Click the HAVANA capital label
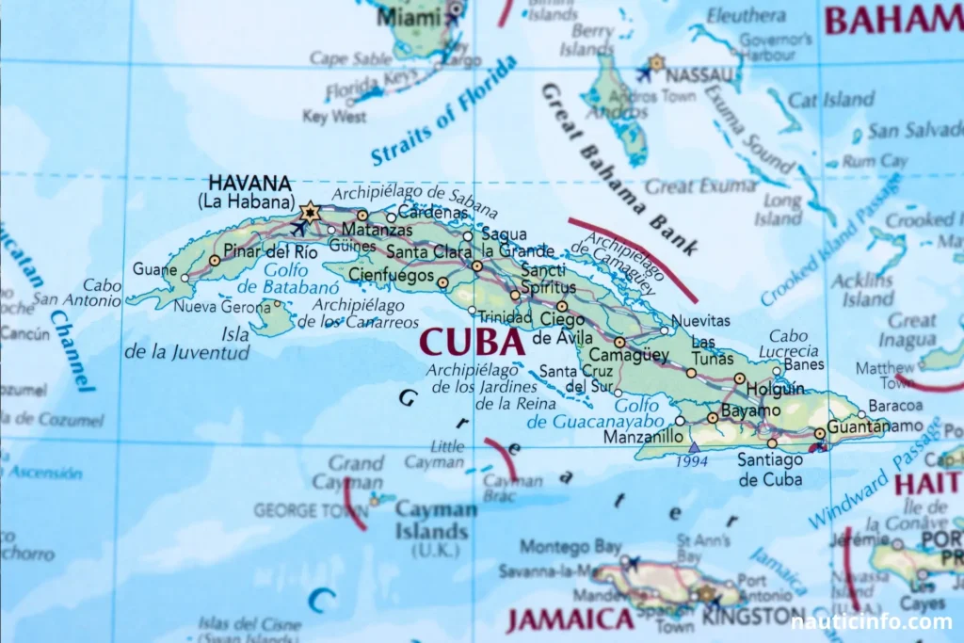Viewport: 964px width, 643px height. click(249, 183)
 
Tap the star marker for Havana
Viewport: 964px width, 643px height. click(310, 212)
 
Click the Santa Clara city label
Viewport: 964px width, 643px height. click(429, 251)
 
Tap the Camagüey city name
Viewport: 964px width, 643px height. click(629, 355)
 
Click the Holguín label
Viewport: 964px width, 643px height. click(775, 388)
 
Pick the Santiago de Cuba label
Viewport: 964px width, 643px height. click(769, 469)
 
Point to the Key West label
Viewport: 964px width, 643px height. click(335, 117)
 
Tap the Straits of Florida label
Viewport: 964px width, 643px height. click(443, 111)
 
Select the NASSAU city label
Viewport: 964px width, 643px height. click(699, 73)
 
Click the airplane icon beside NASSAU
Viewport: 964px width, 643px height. click(646, 72)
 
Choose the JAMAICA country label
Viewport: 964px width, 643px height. click(570, 619)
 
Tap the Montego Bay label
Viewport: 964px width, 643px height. click(570, 546)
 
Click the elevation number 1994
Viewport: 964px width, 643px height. click(691, 461)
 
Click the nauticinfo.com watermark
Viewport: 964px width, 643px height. click(871, 621)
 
